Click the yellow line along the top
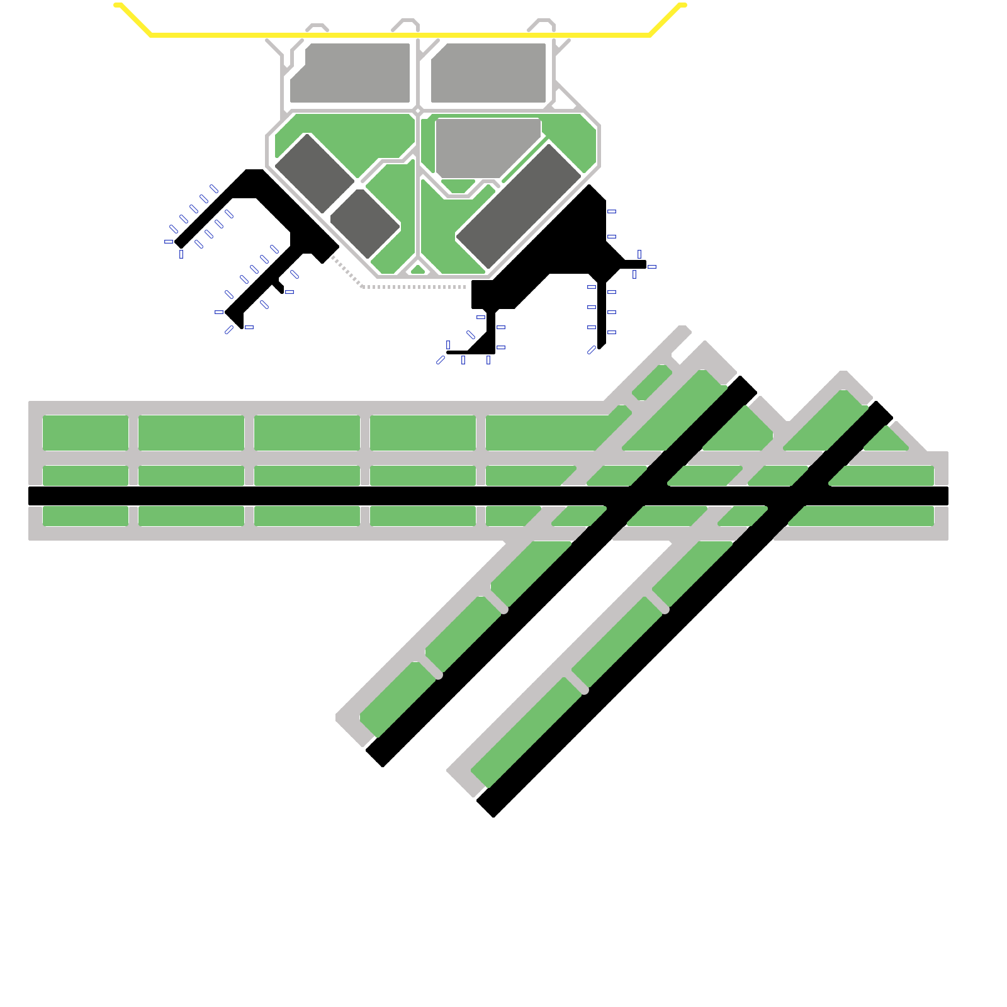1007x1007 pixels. (403, 35)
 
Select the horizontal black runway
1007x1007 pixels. (252, 496)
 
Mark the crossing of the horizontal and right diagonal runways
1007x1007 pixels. (798, 496)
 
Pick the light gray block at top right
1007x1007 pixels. (488, 72)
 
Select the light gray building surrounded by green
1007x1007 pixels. (485, 148)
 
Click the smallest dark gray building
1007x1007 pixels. (365, 224)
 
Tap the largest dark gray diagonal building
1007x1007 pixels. (519, 206)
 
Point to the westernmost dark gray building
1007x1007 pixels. (315, 173)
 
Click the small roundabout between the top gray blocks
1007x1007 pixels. (417, 111)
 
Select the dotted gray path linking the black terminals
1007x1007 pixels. (415, 287)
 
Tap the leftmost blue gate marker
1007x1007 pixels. (168, 242)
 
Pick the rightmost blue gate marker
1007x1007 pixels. (652, 267)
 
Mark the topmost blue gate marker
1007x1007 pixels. (214, 189)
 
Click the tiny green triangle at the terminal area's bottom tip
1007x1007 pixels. (418, 270)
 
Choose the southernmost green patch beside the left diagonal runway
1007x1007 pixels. (397, 699)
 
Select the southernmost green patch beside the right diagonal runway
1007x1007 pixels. (526, 733)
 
